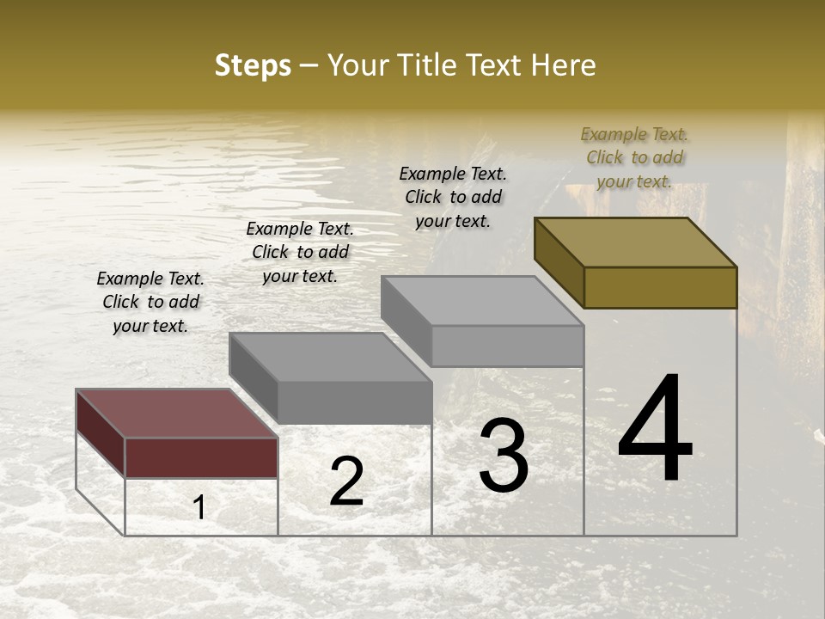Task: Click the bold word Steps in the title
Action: tap(253, 65)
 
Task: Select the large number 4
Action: tap(655, 429)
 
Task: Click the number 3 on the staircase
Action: tap(504, 456)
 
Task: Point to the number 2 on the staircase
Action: tap(346, 481)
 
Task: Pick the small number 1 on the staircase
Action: tap(199, 508)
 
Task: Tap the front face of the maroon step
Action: tap(201, 457)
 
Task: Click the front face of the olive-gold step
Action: tap(660, 287)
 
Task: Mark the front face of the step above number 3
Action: tap(507, 346)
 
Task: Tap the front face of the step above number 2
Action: tap(354, 402)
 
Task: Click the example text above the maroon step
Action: tap(150, 302)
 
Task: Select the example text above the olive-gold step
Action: tap(634, 157)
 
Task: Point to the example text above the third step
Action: tap(453, 197)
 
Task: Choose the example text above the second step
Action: tap(300, 252)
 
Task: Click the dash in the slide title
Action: tap(309, 65)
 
